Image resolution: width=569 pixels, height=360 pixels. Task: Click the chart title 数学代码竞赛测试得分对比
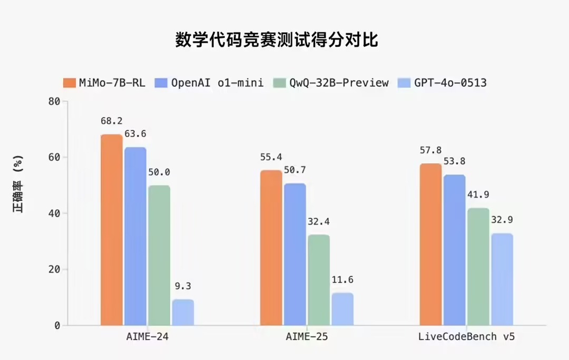click(277, 40)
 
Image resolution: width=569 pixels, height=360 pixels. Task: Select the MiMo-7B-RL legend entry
click(104, 83)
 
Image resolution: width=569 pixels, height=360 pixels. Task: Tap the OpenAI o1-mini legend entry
click(209, 83)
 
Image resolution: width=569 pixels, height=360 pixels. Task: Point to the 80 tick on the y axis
click(54, 101)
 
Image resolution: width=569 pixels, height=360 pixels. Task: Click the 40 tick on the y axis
click(54, 213)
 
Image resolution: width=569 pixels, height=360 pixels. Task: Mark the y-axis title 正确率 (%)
click(19, 184)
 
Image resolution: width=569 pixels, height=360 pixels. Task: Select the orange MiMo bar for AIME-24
click(112, 230)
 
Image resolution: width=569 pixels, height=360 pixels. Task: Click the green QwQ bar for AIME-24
click(159, 256)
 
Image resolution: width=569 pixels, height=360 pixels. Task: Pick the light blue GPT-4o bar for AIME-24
click(183, 313)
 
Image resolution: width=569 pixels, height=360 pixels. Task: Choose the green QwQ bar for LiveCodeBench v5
click(478, 267)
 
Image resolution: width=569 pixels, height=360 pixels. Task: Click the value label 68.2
click(112, 121)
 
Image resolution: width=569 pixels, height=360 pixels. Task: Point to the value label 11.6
click(342, 280)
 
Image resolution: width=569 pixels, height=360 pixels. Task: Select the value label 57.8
click(430, 151)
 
